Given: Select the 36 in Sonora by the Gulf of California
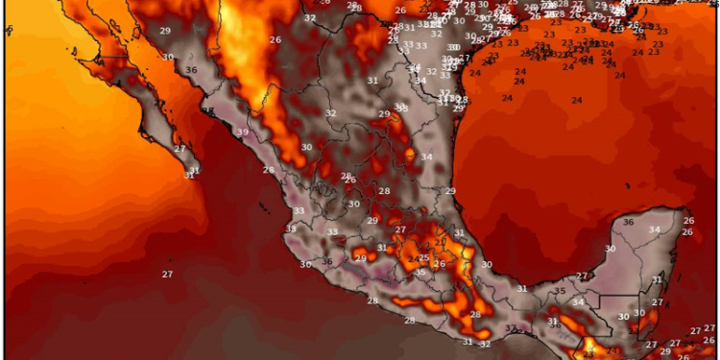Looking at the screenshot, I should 191,70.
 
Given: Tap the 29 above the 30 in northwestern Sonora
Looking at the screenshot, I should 165,32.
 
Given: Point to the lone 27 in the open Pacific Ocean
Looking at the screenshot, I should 167,275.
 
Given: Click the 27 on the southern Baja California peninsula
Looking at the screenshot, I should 180,149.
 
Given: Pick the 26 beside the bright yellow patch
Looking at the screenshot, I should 275,40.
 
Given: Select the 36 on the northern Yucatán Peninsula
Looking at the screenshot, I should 628,223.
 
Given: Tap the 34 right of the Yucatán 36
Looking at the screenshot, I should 655,229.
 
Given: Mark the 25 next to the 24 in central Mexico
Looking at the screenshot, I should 423,258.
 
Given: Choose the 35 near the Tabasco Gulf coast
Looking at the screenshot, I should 560,291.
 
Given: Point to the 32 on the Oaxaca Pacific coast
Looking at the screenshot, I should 485,344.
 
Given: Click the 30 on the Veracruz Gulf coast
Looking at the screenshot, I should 487,265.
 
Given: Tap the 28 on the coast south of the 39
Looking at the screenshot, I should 268,170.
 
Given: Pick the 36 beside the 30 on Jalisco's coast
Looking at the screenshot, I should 326,262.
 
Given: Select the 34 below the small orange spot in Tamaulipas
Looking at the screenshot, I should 426,157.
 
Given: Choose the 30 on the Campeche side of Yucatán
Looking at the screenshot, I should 610,249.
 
